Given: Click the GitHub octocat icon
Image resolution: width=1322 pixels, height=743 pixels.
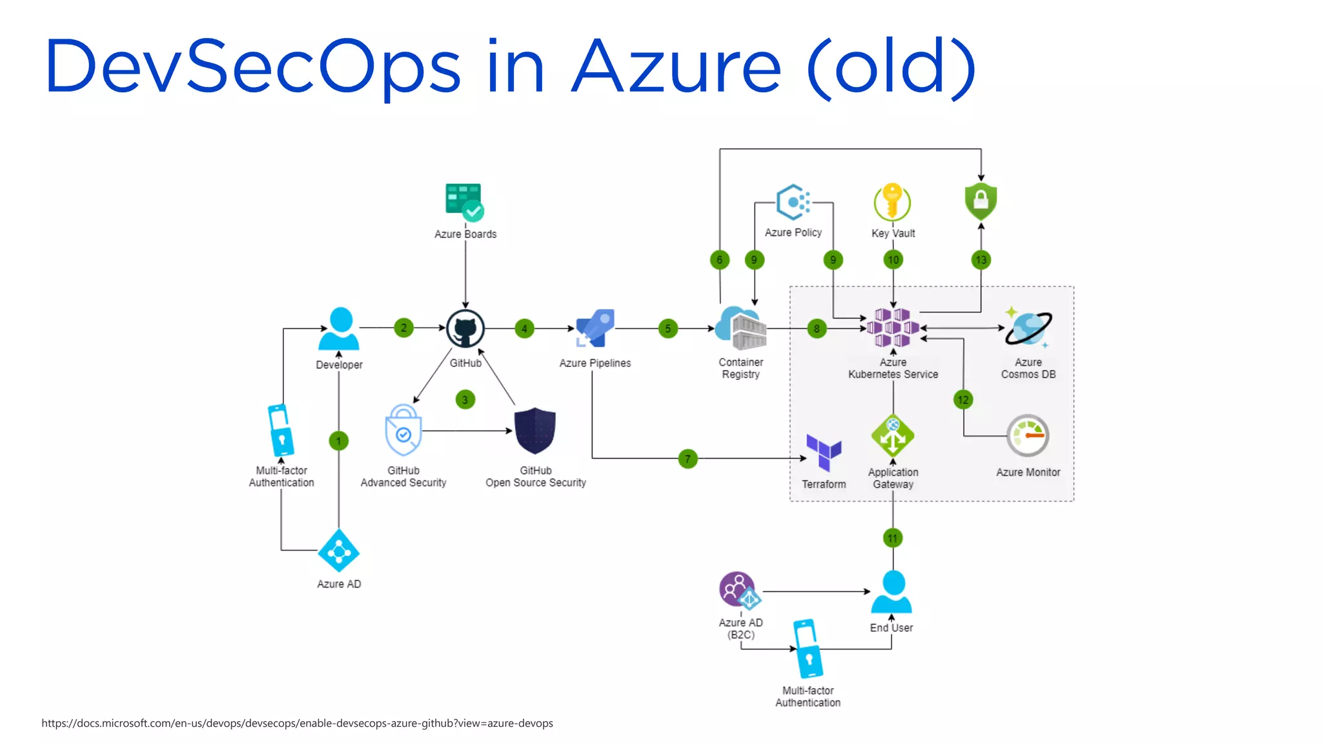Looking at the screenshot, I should [x=465, y=328].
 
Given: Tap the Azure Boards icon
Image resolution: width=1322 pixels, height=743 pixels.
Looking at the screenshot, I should [x=464, y=202].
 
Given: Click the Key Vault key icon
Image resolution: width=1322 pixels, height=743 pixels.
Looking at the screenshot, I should [x=893, y=202].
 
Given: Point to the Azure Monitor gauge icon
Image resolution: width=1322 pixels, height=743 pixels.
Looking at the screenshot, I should [x=1028, y=436].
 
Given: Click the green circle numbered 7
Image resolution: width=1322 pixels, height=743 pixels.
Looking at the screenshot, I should [x=688, y=459].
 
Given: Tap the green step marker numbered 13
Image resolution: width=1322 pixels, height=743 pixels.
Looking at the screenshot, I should [x=981, y=260].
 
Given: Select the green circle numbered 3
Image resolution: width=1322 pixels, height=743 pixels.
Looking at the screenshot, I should [x=465, y=400].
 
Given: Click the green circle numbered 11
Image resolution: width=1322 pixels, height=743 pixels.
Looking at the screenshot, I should [x=892, y=538].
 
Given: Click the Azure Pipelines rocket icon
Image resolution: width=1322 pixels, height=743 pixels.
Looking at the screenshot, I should [x=595, y=328].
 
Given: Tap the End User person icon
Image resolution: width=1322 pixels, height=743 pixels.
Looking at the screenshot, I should [x=891, y=592].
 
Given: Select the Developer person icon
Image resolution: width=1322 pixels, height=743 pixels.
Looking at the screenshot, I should [x=340, y=329].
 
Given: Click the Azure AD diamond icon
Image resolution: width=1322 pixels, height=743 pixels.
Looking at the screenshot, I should [x=339, y=551].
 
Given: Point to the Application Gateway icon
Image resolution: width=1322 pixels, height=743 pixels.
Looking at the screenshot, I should [x=893, y=436].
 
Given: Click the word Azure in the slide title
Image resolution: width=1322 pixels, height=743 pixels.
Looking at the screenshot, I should [x=676, y=66].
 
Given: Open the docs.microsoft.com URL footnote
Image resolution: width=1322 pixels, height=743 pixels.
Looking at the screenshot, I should [x=297, y=723].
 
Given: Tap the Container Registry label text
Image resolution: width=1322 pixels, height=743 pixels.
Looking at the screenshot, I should [x=740, y=368].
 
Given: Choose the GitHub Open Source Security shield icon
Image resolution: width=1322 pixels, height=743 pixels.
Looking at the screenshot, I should [x=535, y=431].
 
